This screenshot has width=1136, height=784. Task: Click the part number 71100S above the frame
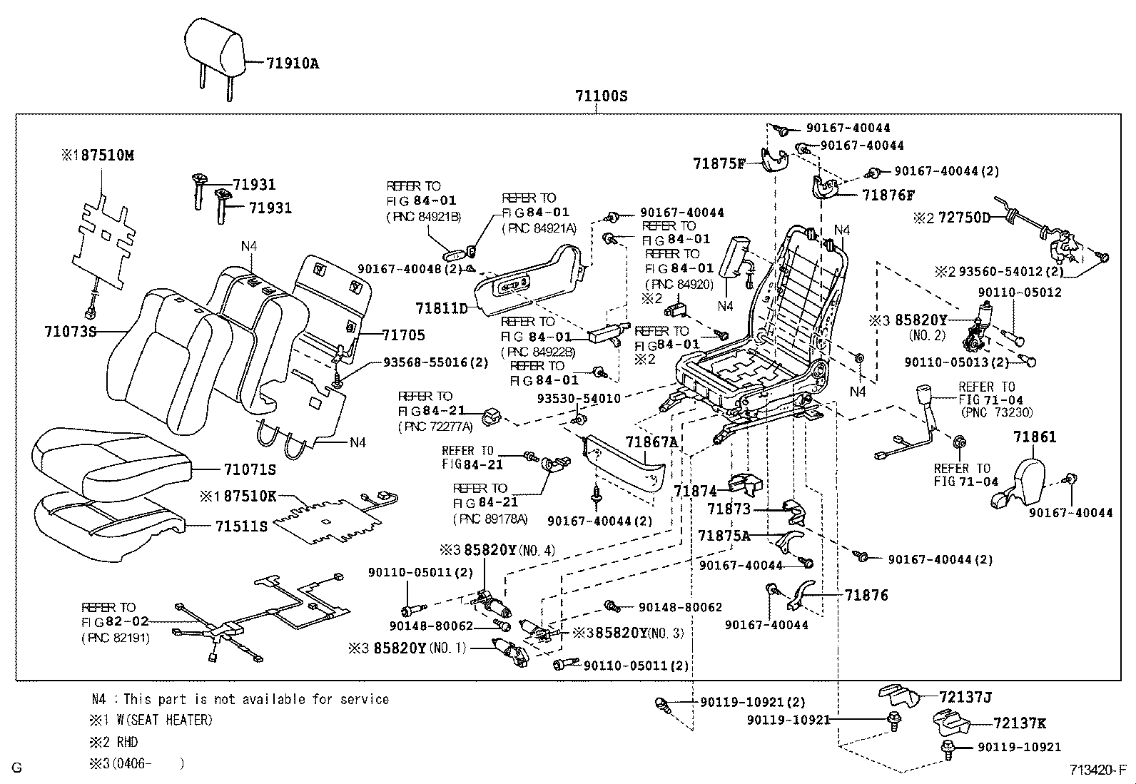[x=602, y=96]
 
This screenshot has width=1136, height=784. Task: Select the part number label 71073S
[x=70, y=332]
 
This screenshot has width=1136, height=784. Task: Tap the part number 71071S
[x=249, y=470]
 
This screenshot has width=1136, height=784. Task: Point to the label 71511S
[x=241, y=526]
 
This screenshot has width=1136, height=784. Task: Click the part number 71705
[x=403, y=335]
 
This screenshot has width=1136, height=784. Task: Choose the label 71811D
[x=441, y=308]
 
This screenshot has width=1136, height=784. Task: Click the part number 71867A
[x=651, y=442]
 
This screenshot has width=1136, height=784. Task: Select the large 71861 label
[x=1035, y=437]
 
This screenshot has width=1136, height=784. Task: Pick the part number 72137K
[x=1019, y=723]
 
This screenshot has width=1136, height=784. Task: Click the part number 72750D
[x=963, y=218]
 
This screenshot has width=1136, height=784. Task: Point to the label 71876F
[x=888, y=195]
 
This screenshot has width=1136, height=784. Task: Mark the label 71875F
[x=719, y=163]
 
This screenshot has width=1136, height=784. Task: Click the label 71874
[x=695, y=491]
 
